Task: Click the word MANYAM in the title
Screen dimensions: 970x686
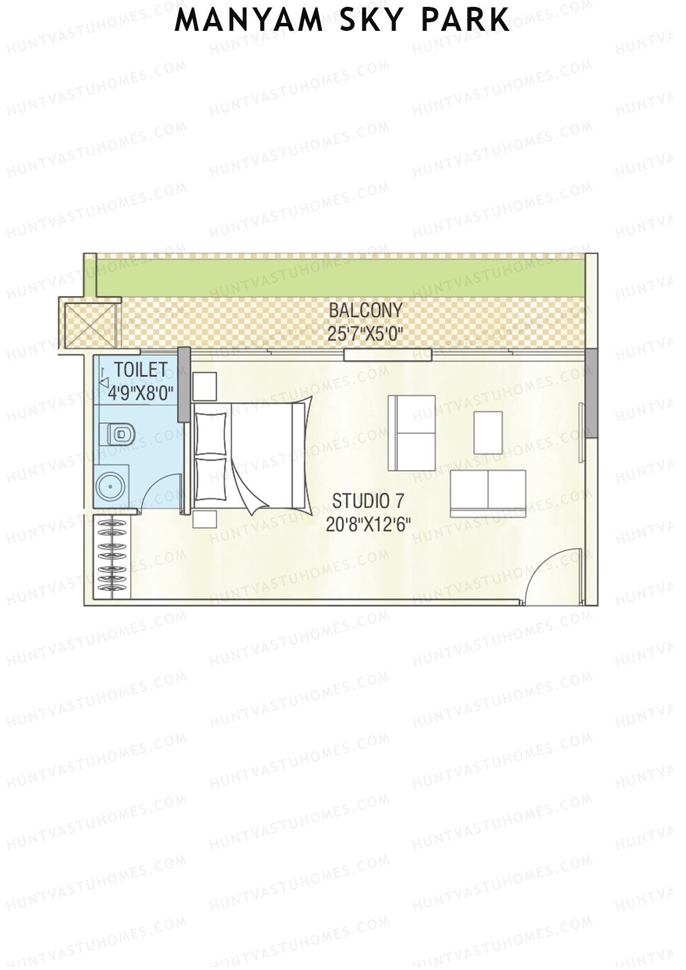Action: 249,21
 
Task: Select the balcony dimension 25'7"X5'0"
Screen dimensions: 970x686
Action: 366,334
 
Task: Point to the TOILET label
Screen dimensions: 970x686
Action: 141,370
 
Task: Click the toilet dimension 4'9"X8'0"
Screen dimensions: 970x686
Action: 141,393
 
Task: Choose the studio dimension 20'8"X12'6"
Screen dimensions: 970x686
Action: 368,524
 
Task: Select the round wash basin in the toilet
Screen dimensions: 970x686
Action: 109,487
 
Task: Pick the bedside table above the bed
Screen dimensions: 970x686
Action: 204,386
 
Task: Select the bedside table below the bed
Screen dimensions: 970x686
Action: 205,520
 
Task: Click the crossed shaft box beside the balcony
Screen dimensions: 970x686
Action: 90,325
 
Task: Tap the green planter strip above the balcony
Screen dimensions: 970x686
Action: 343,276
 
